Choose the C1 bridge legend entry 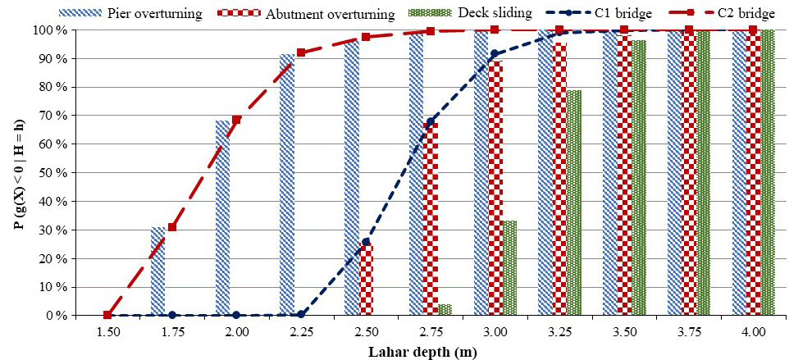pos(604,13)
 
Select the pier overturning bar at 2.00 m pos(222,218)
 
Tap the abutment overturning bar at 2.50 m pos(366,280)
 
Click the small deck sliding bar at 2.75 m pos(445,310)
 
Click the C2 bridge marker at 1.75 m pos(172,227)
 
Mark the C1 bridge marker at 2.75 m pos(430,122)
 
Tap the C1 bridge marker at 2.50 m pos(366,242)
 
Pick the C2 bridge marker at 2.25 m pos(301,52)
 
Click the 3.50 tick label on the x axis pos(624,332)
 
